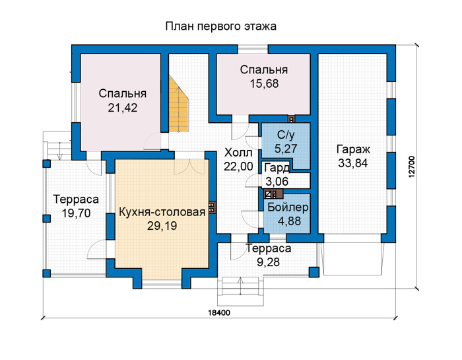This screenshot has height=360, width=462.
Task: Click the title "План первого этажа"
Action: pos(220,26)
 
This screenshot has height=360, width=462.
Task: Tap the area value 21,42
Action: pos(123,108)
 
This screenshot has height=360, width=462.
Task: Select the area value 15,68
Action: pos(264,84)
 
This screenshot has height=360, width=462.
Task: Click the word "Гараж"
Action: pos(353,149)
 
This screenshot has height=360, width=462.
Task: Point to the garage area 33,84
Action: pos(353,163)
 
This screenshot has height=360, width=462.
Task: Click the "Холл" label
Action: pos(238,153)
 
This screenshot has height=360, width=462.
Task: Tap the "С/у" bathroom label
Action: pos(286,135)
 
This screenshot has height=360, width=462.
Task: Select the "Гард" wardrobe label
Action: pos(277,168)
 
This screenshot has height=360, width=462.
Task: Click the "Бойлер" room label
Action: pos(288,207)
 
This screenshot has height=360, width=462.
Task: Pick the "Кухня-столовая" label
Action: pos(162,212)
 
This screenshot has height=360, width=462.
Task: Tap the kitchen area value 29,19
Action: pos(162,226)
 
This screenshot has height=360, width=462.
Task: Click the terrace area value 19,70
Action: pos(76,213)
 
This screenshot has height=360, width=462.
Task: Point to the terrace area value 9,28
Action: pos(268,262)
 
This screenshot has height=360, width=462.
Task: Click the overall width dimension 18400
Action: pos(219,313)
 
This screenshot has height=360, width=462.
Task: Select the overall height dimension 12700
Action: pos(412,166)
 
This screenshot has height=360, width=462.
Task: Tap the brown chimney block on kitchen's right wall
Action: pos(212,207)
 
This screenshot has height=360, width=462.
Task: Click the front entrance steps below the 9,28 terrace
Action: pos(240,291)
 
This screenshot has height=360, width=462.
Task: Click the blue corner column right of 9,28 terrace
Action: pos(314,272)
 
